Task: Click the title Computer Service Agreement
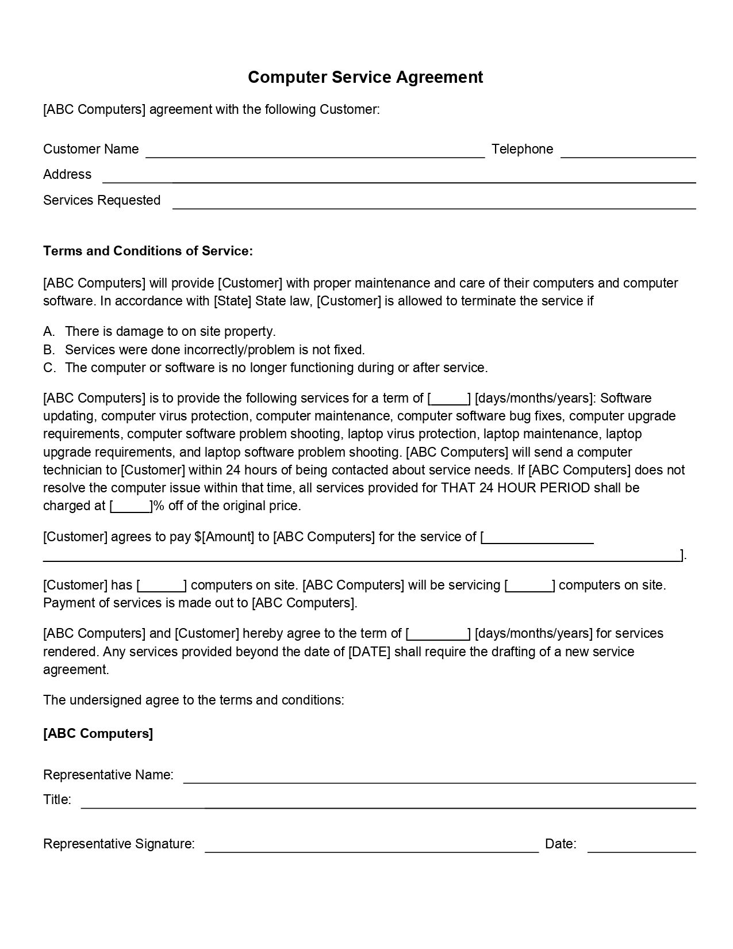coord(365,77)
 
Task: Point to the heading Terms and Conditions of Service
coord(148,251)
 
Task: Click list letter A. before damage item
coord(49,331)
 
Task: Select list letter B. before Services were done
coord(49,350)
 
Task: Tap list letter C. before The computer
coord(49,368)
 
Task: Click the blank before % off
coord(131,506)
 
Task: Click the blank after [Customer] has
coord(162,586)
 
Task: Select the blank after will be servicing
coord(529,586)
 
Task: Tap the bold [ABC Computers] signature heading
coord(98,733)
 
